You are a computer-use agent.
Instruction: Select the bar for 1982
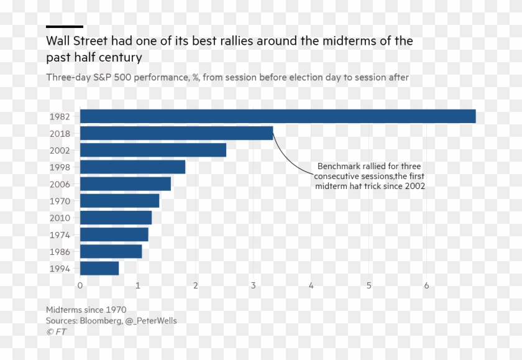click(278, 116)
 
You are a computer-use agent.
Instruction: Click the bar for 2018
click(176, 133)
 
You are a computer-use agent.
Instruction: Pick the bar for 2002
click(153, 150)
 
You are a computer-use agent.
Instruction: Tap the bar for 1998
click(132, 167)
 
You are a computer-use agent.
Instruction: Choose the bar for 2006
click(126, 184)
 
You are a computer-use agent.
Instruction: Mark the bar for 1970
click(119, 201)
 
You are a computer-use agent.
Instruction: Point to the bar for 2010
click(116, 218)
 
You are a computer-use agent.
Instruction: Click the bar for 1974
click(114, 234)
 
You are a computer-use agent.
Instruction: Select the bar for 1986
click(111, 251)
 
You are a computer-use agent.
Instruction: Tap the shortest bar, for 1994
click(99, 268)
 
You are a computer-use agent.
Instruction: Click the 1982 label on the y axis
click(60, 117)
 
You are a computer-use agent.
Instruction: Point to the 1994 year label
click(60, 269)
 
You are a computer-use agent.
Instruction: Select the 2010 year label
click(60, 218)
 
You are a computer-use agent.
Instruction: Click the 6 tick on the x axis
click(427, 285)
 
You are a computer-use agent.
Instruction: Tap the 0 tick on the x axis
click(80, 285)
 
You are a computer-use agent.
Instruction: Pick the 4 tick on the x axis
click(311, 285)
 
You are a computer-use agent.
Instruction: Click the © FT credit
click(56, 332)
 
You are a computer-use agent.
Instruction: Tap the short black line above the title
click(65, 27)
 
